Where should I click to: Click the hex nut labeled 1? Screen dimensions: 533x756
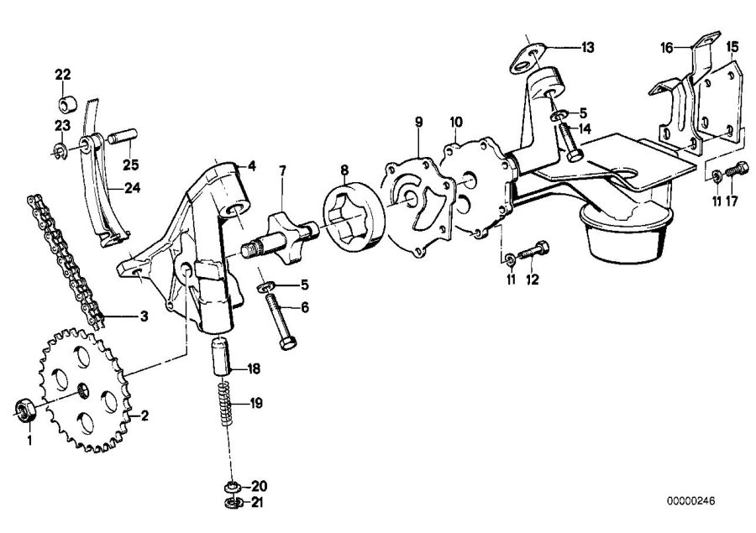[24, 409]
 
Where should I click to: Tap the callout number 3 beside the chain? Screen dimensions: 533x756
[144, 316]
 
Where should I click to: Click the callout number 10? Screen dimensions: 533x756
[455, 123]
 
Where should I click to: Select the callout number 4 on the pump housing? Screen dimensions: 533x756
[250, 166]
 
